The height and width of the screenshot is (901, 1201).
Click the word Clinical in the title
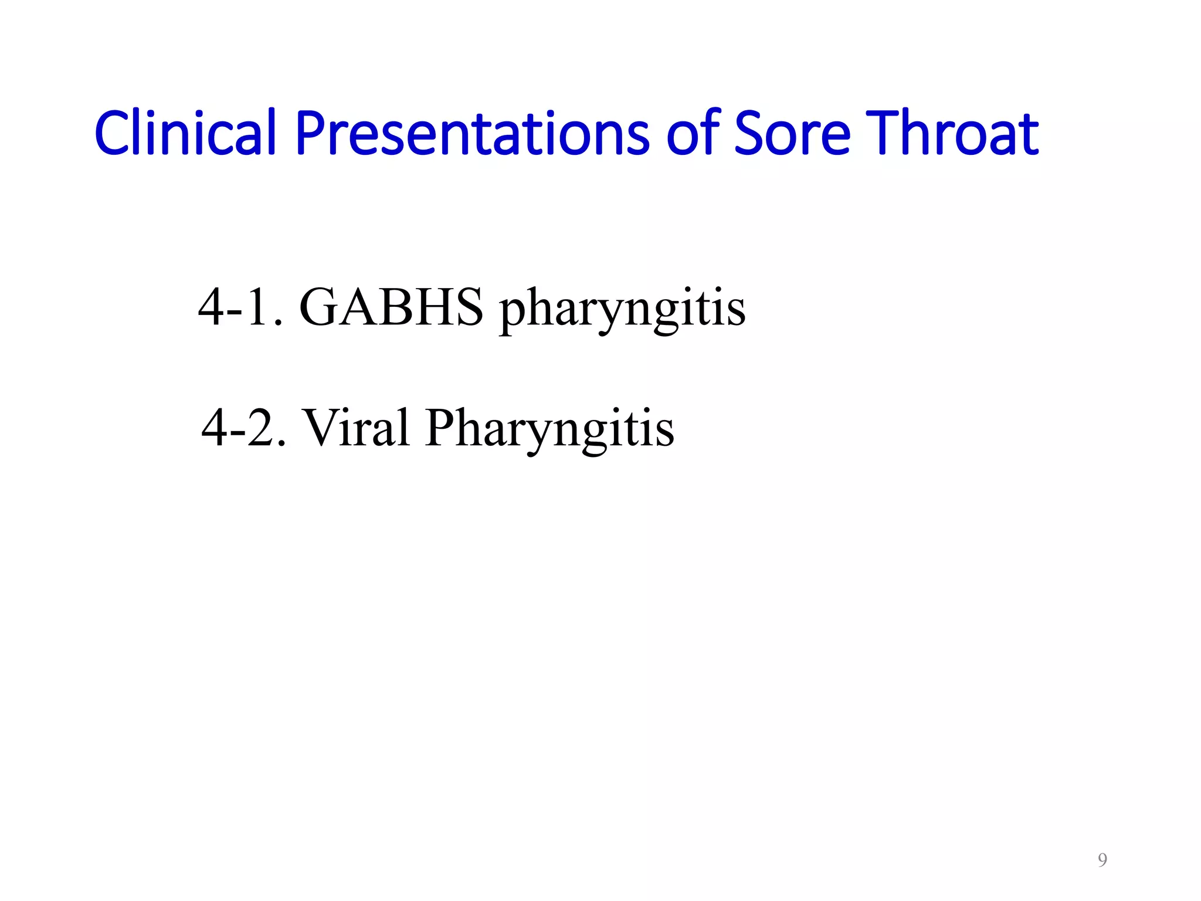point(185,134)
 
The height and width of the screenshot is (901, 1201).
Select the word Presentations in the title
point(472,134)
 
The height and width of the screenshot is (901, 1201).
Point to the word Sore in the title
point(792,134)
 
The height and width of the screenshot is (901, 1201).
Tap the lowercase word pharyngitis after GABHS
point(622,310)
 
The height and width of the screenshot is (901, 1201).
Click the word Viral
point(355,428)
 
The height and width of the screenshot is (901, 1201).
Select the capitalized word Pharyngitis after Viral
point(550,429)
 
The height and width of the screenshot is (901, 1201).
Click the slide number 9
point(1102,860)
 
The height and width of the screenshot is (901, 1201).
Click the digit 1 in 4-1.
point(258,307)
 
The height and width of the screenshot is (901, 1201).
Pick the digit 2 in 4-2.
point(262,428)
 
